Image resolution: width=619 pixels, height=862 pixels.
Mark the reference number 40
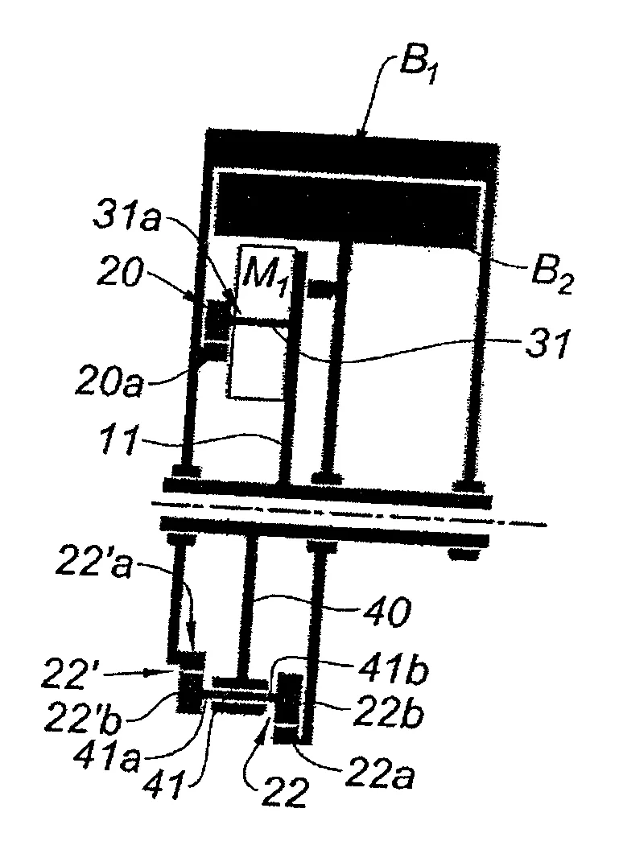[387, 612]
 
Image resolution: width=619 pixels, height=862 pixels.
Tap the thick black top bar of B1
[352, 145]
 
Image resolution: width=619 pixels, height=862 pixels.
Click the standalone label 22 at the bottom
[284, 792]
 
